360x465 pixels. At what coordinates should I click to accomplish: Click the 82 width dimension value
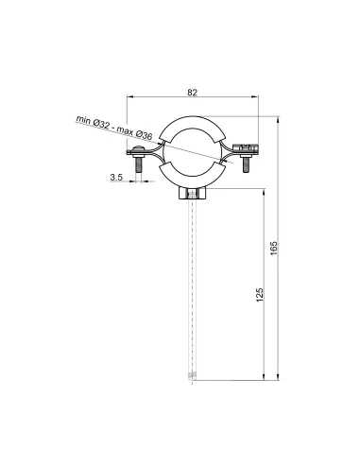click(192, 93)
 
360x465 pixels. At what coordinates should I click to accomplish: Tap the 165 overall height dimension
click(274, 248)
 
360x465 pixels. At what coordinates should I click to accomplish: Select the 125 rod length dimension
click(259, 295)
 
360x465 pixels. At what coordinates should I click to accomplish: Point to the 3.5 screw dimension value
click(116, 177)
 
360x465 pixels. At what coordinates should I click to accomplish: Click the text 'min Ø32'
click(93, 122)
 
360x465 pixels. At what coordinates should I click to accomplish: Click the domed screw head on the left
click(138, 148)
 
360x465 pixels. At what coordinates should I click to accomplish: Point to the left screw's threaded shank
click(139, 164)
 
